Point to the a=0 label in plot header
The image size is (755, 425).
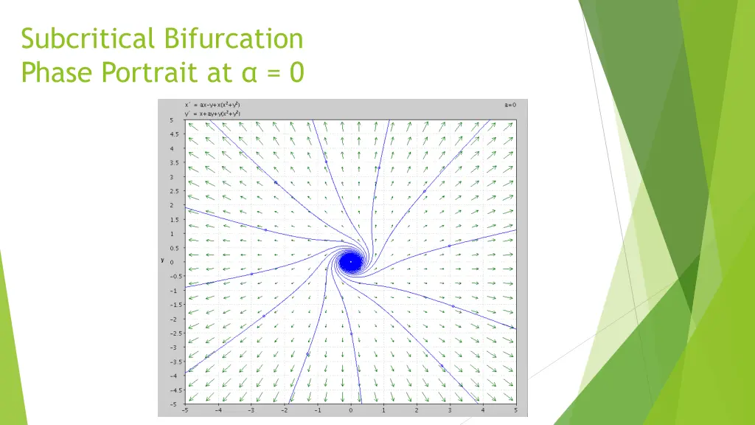(510, 105)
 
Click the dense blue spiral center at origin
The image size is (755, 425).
(351, 261)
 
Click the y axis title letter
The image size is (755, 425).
(163, 260)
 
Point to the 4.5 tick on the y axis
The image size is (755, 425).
(174, 134)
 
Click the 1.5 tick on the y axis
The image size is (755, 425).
(174, 219)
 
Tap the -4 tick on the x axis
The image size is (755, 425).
(218, 410)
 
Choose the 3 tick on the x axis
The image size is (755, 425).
(450, 410)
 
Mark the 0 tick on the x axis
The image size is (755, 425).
(351, 410)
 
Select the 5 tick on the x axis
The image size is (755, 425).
(515, 410)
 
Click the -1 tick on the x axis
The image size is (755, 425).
(317, 410)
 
